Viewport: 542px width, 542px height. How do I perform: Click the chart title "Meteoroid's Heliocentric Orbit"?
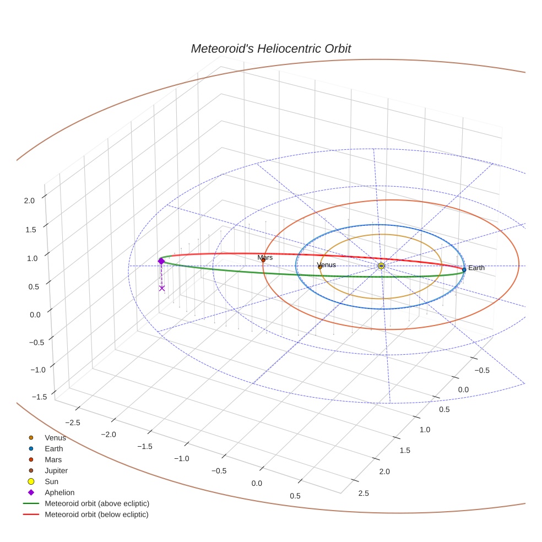pyautogui.click(x=270, y=49)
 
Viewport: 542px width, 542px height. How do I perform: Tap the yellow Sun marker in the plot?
pyautogui.click(x=381, y=266)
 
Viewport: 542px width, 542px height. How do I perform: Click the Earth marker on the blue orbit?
pyautogui.click(x=464, y=269)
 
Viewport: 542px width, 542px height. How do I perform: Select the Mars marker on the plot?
pyautogui.click(x=263, y=260)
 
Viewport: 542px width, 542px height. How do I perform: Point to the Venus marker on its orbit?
pyautogui.click(x=320, y=267)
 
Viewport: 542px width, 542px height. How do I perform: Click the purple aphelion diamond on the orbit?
pyautogui.click(x=161, y=261)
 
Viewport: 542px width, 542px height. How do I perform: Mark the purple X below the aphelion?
pyautogui.click(x=162, y=288)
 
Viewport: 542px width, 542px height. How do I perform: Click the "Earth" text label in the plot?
pyautogui.click(x=476, y=268)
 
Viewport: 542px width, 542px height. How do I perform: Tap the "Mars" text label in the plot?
pyautogui.click(x=265, y=257)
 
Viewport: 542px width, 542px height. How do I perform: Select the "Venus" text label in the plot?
pyautogui.click(x=327, y=265)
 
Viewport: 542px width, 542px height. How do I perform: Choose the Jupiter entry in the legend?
pyautogui.click(x=56, y=470)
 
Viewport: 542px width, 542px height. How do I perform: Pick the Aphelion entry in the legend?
pyautogui.click(x=59, y=492)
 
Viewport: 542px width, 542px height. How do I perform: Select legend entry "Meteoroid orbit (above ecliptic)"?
pyautogui.click(x=97, y=503)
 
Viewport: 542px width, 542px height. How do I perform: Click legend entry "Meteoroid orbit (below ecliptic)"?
pyautogui.click(x=96, y=514)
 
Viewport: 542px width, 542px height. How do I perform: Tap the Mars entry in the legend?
pyautogui.click(x=53, y=459)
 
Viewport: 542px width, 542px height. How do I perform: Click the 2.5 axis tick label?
pyautogui.click(x=364, y=492)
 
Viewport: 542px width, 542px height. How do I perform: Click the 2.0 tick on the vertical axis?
pyautogui.click(x=29, y=200)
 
